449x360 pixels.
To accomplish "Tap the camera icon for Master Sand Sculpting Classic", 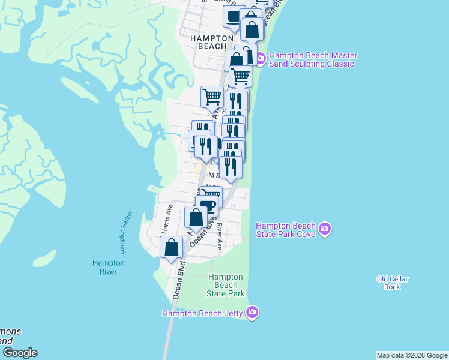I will [x=261, y=59].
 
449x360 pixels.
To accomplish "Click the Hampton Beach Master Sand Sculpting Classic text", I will [x=312, y=60].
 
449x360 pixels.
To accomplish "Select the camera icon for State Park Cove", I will [x=325, y=229].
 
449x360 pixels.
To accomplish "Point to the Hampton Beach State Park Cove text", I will [x=286, y=230].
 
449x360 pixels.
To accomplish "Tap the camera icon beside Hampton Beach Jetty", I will [x=252, y=312].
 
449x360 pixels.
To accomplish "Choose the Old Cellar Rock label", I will [x=392, y=283].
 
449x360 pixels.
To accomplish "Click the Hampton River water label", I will [x=108, y=267].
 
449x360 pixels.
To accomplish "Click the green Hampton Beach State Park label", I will [x=225, y=285].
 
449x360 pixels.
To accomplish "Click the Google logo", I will [x=19, y=353].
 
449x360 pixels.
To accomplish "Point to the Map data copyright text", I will [x=412, y=355].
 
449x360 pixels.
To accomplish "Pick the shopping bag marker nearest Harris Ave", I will [x=172, y=247].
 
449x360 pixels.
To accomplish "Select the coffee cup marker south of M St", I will [x=207, y=206].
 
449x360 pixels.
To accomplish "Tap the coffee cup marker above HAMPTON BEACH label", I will [x=233, y=16].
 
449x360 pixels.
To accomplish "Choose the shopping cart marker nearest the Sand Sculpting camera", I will [x=240, y=76].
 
